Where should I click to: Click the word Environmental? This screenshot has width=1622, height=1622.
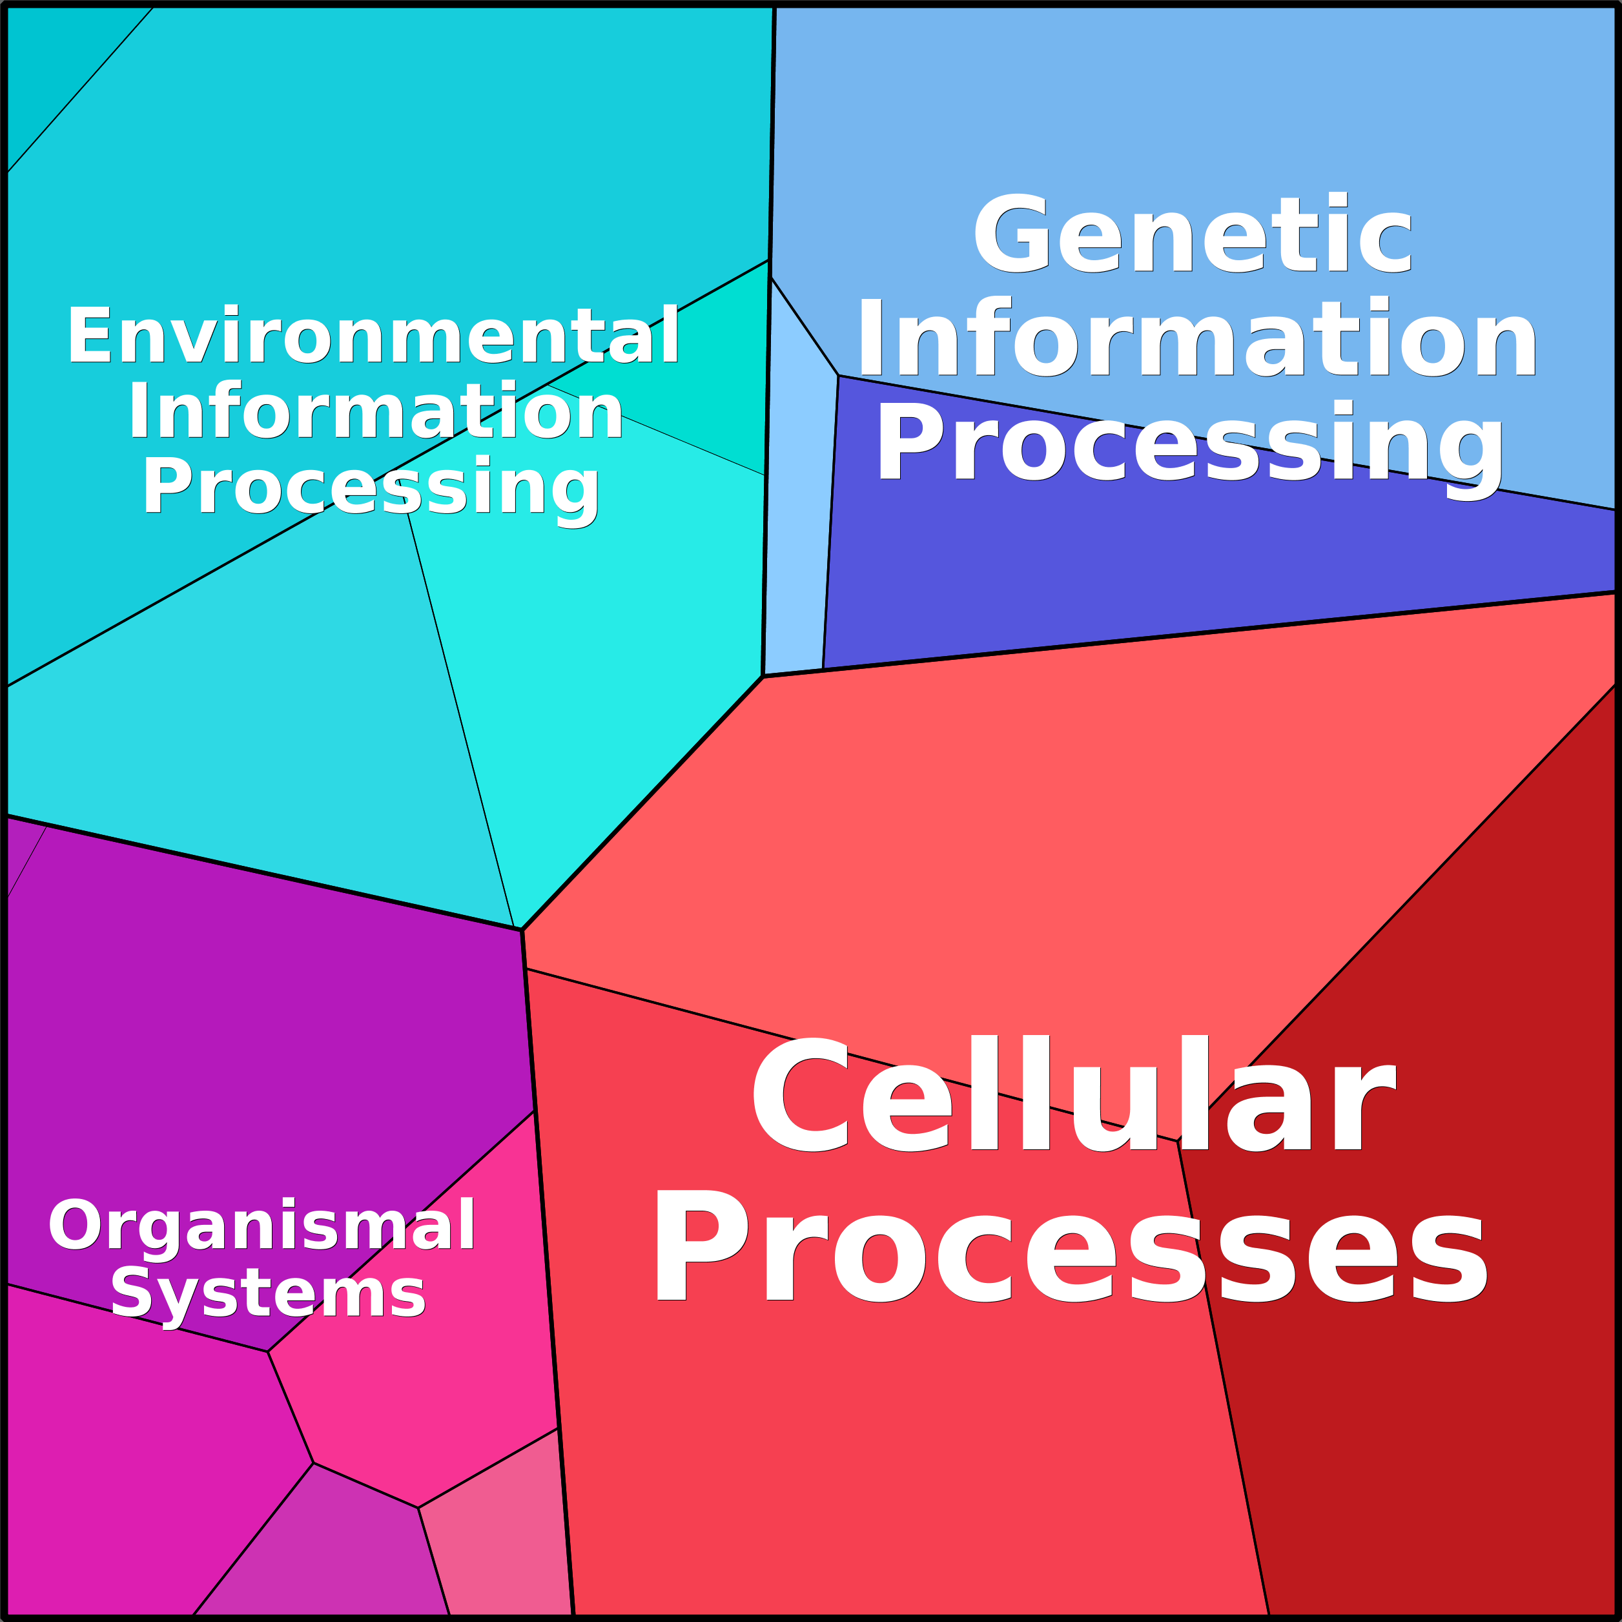373,335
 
